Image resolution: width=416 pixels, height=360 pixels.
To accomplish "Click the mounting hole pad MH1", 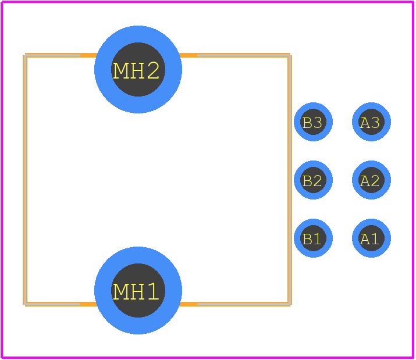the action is (138, 290).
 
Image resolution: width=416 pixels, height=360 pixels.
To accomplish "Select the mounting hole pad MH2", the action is (138, 69).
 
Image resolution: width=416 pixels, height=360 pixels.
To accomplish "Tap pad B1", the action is (313, 238).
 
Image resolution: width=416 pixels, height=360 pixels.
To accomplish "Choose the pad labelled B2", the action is (313, 180).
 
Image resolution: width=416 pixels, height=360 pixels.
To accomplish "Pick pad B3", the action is (313, 122).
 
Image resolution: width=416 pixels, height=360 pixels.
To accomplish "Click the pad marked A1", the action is (371, 238).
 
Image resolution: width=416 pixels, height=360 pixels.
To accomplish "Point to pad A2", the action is (371, 180).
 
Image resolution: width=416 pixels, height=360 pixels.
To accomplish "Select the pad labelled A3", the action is (371, 122).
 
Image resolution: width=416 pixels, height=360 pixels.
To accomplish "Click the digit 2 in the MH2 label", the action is (153, 70).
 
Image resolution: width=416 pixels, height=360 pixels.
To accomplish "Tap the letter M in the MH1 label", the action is (120, 291).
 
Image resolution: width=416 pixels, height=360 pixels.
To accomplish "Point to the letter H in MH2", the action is (137, 70).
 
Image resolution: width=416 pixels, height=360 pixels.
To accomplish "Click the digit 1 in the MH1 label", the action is (153, 291).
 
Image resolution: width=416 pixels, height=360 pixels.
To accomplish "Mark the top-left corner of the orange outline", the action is (26, 56).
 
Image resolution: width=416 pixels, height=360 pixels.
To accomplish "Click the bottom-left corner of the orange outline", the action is (26, 304).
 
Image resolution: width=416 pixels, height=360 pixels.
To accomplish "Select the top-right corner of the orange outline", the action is (289, 56).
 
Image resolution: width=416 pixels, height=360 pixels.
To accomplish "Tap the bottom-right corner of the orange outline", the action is (289, 304).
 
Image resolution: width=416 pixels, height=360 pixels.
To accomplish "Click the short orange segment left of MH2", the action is (88, 55).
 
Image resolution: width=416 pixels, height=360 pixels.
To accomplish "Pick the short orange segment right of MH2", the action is (188, 55).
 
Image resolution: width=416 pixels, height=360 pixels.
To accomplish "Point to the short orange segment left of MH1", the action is (88, 304).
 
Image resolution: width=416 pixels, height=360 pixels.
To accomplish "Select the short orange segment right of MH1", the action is (188, 304).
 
